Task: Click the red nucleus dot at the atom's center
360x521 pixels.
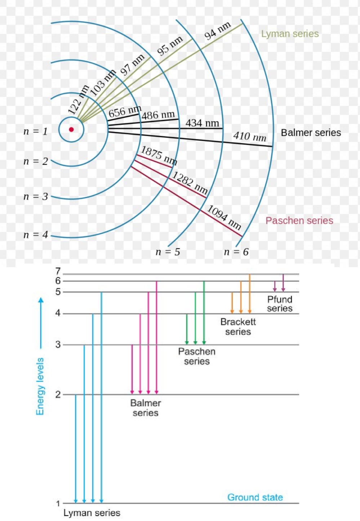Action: (x=71, y=130)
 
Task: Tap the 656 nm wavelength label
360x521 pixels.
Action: (x=124, y=112)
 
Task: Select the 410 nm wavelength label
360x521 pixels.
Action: (x=249, y=136)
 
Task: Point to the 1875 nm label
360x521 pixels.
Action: (x=159, y=155)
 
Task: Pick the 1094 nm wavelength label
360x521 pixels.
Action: (x=224, y=217)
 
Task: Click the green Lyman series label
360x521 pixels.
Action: (x=290, y=34)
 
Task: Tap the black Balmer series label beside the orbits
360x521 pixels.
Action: (x=311, y=133)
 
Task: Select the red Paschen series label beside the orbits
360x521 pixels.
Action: (x=299, y=221)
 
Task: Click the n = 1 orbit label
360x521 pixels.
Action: (x=35, y=131)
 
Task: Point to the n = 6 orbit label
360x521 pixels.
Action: (x=236, y=252)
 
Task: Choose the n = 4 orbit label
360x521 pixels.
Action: (x=35, y=235)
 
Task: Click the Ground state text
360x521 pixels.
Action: (x=255, y=498)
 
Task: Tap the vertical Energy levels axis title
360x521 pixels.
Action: (x=40, y=386)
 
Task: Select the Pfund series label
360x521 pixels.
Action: (x=280, y=304)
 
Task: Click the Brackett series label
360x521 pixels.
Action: (x=238, y=327)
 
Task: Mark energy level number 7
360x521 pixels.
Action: (x=58, y=271)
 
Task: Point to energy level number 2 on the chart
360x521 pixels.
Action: (x=58, y=395)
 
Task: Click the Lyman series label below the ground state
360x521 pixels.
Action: (x=92, y=513)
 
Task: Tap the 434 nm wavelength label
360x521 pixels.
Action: (x=202, y=123)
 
